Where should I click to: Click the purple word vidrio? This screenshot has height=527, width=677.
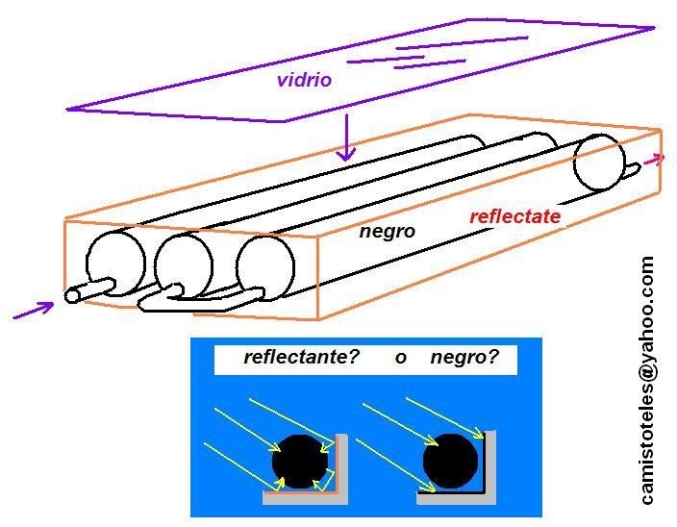tap(303, 81)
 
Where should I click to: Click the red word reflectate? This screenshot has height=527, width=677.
tap(514, 217)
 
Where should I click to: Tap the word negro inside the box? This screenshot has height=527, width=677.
tap(387, 232)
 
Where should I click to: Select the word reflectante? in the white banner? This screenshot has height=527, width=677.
tap(301, 358)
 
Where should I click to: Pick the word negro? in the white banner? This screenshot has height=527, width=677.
tap(465, 358)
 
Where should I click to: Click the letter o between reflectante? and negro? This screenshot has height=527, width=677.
tap(400, 359)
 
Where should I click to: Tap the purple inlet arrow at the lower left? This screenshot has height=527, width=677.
tap(34, 310)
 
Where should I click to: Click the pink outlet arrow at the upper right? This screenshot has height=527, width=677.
tap(653, 159)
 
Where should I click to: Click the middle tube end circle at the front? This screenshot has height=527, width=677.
tap(183, 262)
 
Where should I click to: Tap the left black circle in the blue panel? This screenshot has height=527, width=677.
tap(300, 461)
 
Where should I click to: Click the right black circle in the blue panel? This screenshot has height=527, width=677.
tap(451, 461)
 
